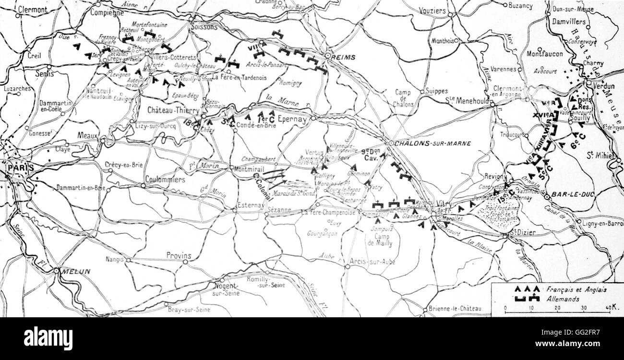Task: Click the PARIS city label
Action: click(x=21, y=168)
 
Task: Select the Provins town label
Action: click(x=179, y=256)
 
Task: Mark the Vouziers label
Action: click(x=432, y=11)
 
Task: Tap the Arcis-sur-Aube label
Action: click(x=372, y=262)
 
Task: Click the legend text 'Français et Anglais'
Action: click(x=576, y=289)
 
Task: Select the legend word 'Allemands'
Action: click(x=563, y=299)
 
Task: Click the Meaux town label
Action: click(x=88, y=136)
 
